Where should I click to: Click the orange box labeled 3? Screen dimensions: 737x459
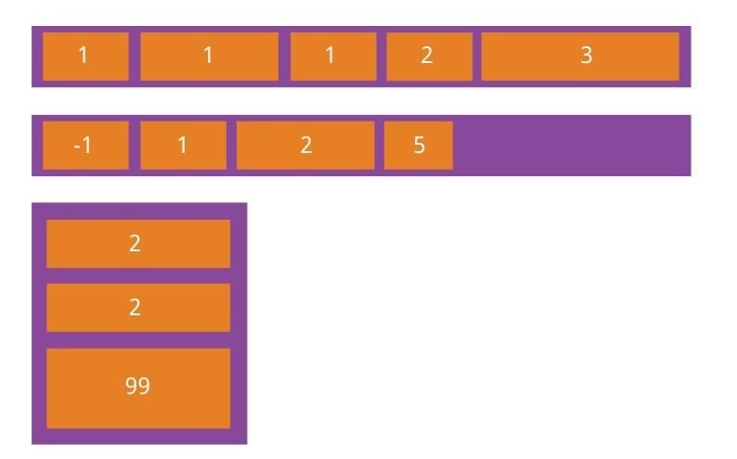580,57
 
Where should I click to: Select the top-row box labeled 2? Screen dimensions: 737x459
430,57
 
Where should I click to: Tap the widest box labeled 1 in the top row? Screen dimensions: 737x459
210,57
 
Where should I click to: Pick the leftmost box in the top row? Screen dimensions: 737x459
85,57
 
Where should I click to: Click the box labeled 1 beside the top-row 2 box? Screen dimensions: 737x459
333,57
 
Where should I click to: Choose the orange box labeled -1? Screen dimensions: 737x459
85,146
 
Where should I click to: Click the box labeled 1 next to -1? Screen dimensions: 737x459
183,146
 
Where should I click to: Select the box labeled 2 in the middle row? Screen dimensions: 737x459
305,146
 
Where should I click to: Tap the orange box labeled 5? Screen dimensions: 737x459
419,146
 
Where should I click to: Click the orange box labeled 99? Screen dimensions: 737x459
138,389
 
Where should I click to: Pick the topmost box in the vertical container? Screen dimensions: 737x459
138,244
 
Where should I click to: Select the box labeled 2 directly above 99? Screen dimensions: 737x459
138,308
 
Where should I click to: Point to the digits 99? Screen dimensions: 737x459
137,386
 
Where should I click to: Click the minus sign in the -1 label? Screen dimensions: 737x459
77,147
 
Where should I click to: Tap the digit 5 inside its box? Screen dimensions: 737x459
420,145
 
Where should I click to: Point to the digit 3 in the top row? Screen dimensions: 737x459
586,56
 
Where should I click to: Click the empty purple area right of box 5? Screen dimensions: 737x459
572,146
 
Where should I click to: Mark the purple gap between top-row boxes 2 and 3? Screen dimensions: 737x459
477,57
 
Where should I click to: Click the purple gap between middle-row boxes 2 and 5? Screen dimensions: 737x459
380,146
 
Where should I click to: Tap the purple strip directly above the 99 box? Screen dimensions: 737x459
138,339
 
